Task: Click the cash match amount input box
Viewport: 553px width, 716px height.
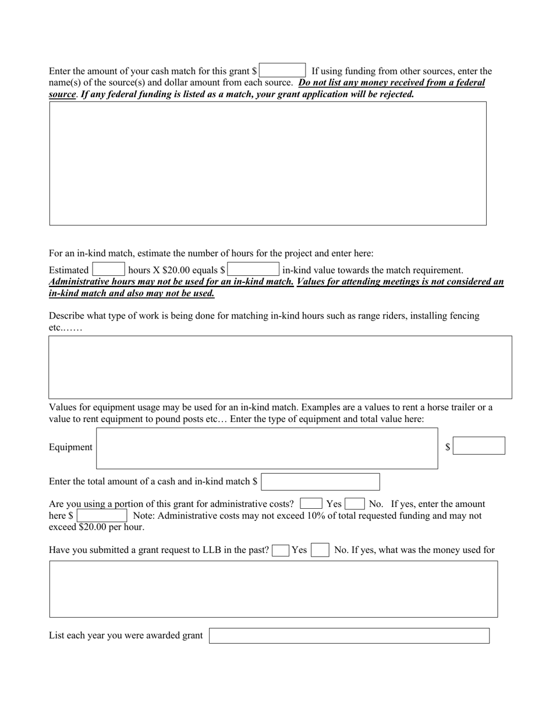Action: [x=282, y=70]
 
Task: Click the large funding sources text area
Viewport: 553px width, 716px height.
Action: [x=268, y=164]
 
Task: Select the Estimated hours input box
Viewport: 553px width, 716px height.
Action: [x=108, y=270]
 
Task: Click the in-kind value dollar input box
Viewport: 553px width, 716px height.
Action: [x=253, y=270]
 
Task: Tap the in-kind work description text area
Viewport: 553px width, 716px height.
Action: [x=280, y=367]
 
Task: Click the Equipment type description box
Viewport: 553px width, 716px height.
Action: [x=267, y=448]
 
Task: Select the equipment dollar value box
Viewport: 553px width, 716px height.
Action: [x=478, y=446]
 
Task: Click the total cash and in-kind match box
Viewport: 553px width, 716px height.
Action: [x=320, y=482]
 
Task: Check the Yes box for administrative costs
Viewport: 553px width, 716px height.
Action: [x=311, y=504]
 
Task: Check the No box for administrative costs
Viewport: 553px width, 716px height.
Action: [x=355, y=504]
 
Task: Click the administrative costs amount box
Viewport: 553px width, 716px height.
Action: [x=102, y=516]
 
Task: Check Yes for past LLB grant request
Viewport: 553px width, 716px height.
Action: [x=281, y=550]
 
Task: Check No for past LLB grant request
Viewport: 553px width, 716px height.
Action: [x=320, y=550]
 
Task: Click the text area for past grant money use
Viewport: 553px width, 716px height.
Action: [x=274, y=589]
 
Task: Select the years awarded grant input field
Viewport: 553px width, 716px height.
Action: [x=349, y=636]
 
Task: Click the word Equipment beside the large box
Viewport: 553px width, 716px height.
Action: [x=70, y=447]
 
